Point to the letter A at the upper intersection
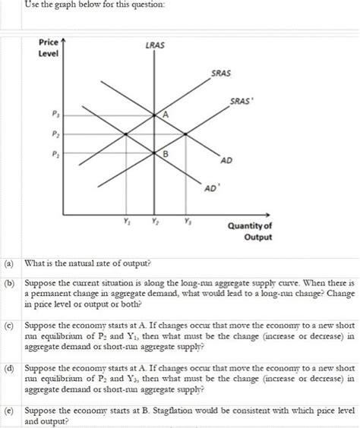tap(166, 113)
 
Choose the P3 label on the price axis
tap(52, 115)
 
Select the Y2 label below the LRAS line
tap(154, 222)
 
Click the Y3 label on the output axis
tap(186, 222)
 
